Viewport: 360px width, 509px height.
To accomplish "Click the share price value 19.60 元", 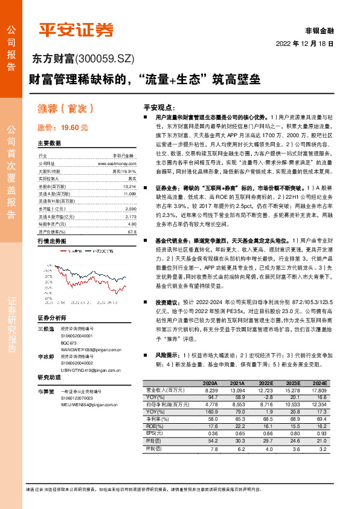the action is point(74,128).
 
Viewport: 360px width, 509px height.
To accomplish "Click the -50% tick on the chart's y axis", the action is point(46,298).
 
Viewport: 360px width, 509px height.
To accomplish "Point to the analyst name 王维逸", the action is point(47,327).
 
